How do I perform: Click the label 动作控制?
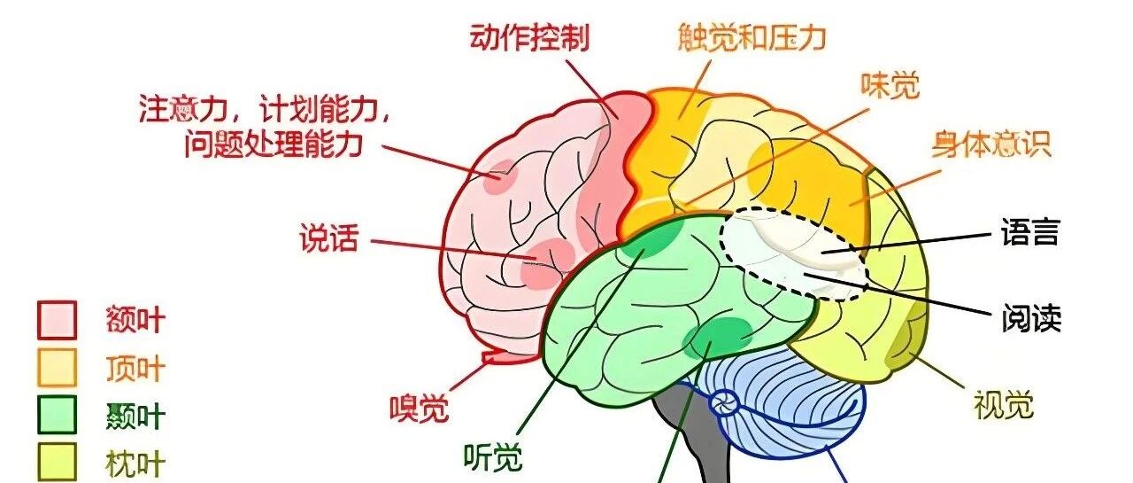[529, 37]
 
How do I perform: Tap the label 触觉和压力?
[751, 37]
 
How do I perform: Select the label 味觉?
[890, 86]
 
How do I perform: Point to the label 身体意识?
[992, 144]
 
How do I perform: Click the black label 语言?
[1029, 232]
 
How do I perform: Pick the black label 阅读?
[1031, 318]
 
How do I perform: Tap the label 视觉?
[1004, 405]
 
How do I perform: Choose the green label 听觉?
[493, 457]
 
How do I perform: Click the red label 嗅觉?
[420, 408]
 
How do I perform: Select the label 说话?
[329, 238]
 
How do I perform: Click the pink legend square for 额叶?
[58, 320]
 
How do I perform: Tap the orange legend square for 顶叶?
[58, 368]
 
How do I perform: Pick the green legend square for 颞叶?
[58, 415]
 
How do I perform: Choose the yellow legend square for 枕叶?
[58, 462]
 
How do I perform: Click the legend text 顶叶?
[135, 369]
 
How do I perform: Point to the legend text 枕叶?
[135, 464]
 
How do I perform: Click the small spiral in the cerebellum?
[724, 404]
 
